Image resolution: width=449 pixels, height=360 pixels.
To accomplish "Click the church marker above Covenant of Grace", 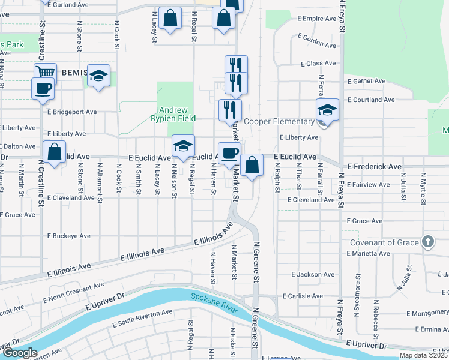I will point(427,242).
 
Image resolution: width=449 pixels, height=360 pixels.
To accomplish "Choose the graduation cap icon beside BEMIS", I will point(99,75).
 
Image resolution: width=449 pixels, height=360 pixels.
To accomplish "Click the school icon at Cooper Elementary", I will point(327,110).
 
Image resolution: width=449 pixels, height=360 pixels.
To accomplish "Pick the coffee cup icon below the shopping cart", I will point(43,88).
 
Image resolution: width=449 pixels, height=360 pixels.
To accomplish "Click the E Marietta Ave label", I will point(369,254).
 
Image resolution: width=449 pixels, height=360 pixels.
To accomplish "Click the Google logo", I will point(20,353).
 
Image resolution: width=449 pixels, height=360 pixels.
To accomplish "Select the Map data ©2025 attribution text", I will point(423,355).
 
